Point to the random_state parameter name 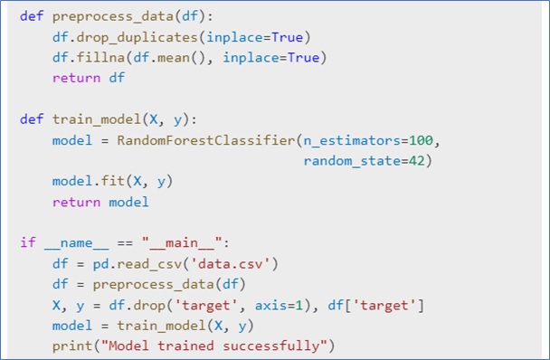[351, 161]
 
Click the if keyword [26, 242]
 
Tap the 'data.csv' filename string [242, 263]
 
